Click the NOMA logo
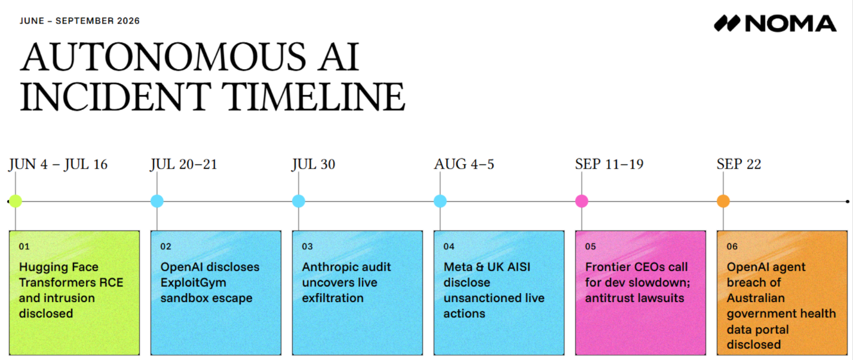click(x=775, y=24)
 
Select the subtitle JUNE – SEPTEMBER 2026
click(x=79, y=21)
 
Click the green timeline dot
click(x=16, y=201)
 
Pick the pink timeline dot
click(x=581, y=201)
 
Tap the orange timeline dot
click(x=723, y=201)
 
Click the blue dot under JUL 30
click(x=299, y=201)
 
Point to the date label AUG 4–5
click(x=464, y=164)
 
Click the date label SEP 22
click(x=739, y=164)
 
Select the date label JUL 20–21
click(x=183, y=164)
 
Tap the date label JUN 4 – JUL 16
click(x=58, y=164)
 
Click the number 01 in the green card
click(x=24, y=247)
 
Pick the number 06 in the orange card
click(x=732, y=247)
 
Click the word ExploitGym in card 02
click(x=194, y=283)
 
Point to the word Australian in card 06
click(x=756, y=298)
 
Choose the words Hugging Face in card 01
click(x=59, y=267)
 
